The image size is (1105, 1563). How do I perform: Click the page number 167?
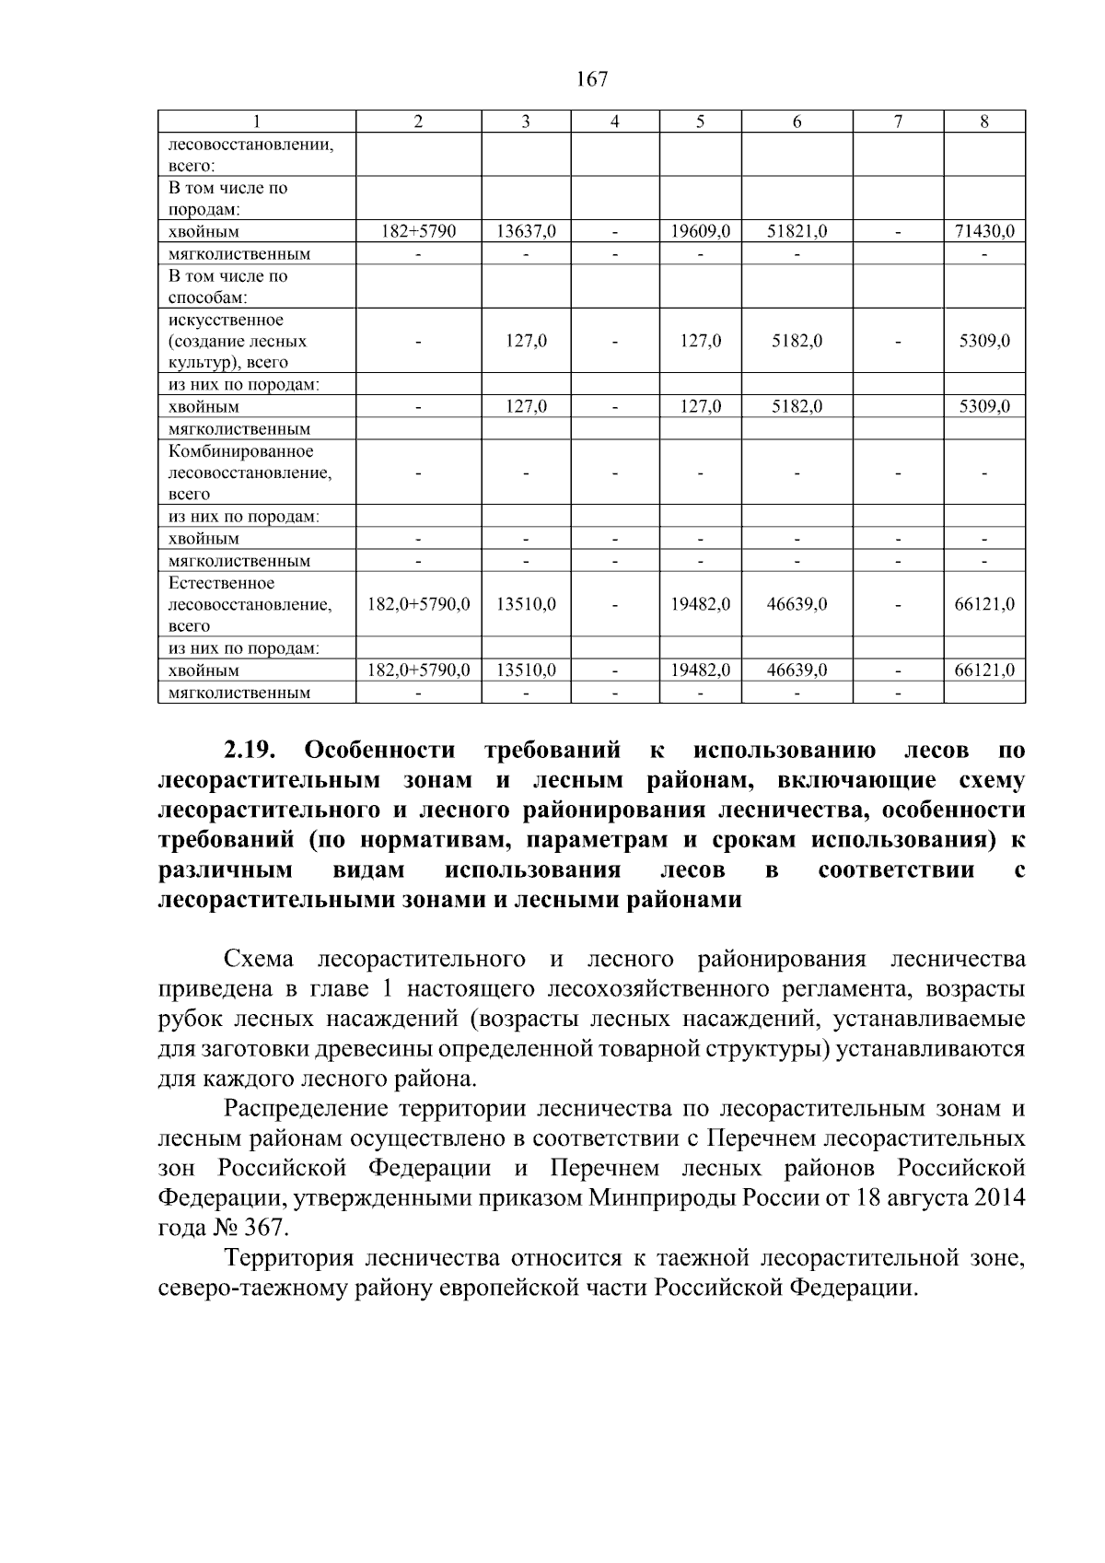pos(592,79)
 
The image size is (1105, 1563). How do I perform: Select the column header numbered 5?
pos(700,122)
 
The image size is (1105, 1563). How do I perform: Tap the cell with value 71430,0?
pos(984,232)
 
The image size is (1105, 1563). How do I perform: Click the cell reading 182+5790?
pos(418,232)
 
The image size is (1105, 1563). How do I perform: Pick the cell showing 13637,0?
pos(526,232)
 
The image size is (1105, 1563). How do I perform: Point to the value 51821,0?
pos(797,232)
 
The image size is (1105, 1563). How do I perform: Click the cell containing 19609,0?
pos(700,232)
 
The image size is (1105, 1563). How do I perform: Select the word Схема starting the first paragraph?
pos(259,959)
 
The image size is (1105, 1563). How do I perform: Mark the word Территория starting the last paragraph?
pos(288,1258)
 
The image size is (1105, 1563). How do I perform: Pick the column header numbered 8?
pos(984,122)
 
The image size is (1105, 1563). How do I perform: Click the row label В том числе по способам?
pos(228,286)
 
